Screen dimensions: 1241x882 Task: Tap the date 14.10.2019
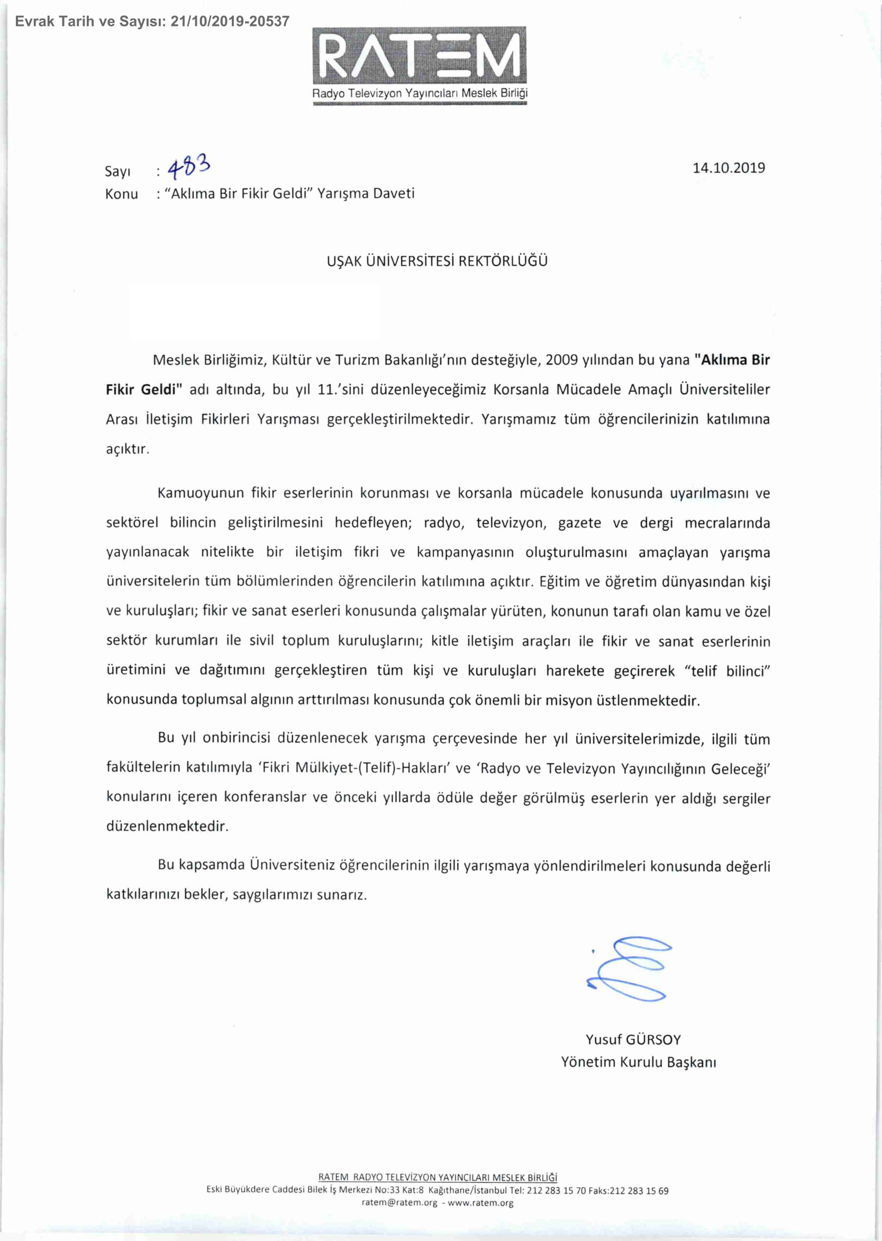[729, 168]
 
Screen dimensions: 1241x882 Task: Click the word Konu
[122, 194]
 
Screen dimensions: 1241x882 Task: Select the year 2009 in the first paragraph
[561, 360]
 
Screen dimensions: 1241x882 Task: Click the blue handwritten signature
[630, 970]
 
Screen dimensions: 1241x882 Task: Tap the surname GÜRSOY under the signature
[653, 1039]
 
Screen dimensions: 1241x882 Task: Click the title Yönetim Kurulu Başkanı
[638, 1062]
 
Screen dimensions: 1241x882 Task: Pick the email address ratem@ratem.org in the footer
[399, 1202]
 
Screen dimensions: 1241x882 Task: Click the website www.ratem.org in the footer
[480, 1202]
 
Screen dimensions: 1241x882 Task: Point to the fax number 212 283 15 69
[639, 1191]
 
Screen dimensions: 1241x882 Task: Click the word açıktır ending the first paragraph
[127, 450]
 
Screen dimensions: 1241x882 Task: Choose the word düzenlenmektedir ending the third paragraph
[167, 827]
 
